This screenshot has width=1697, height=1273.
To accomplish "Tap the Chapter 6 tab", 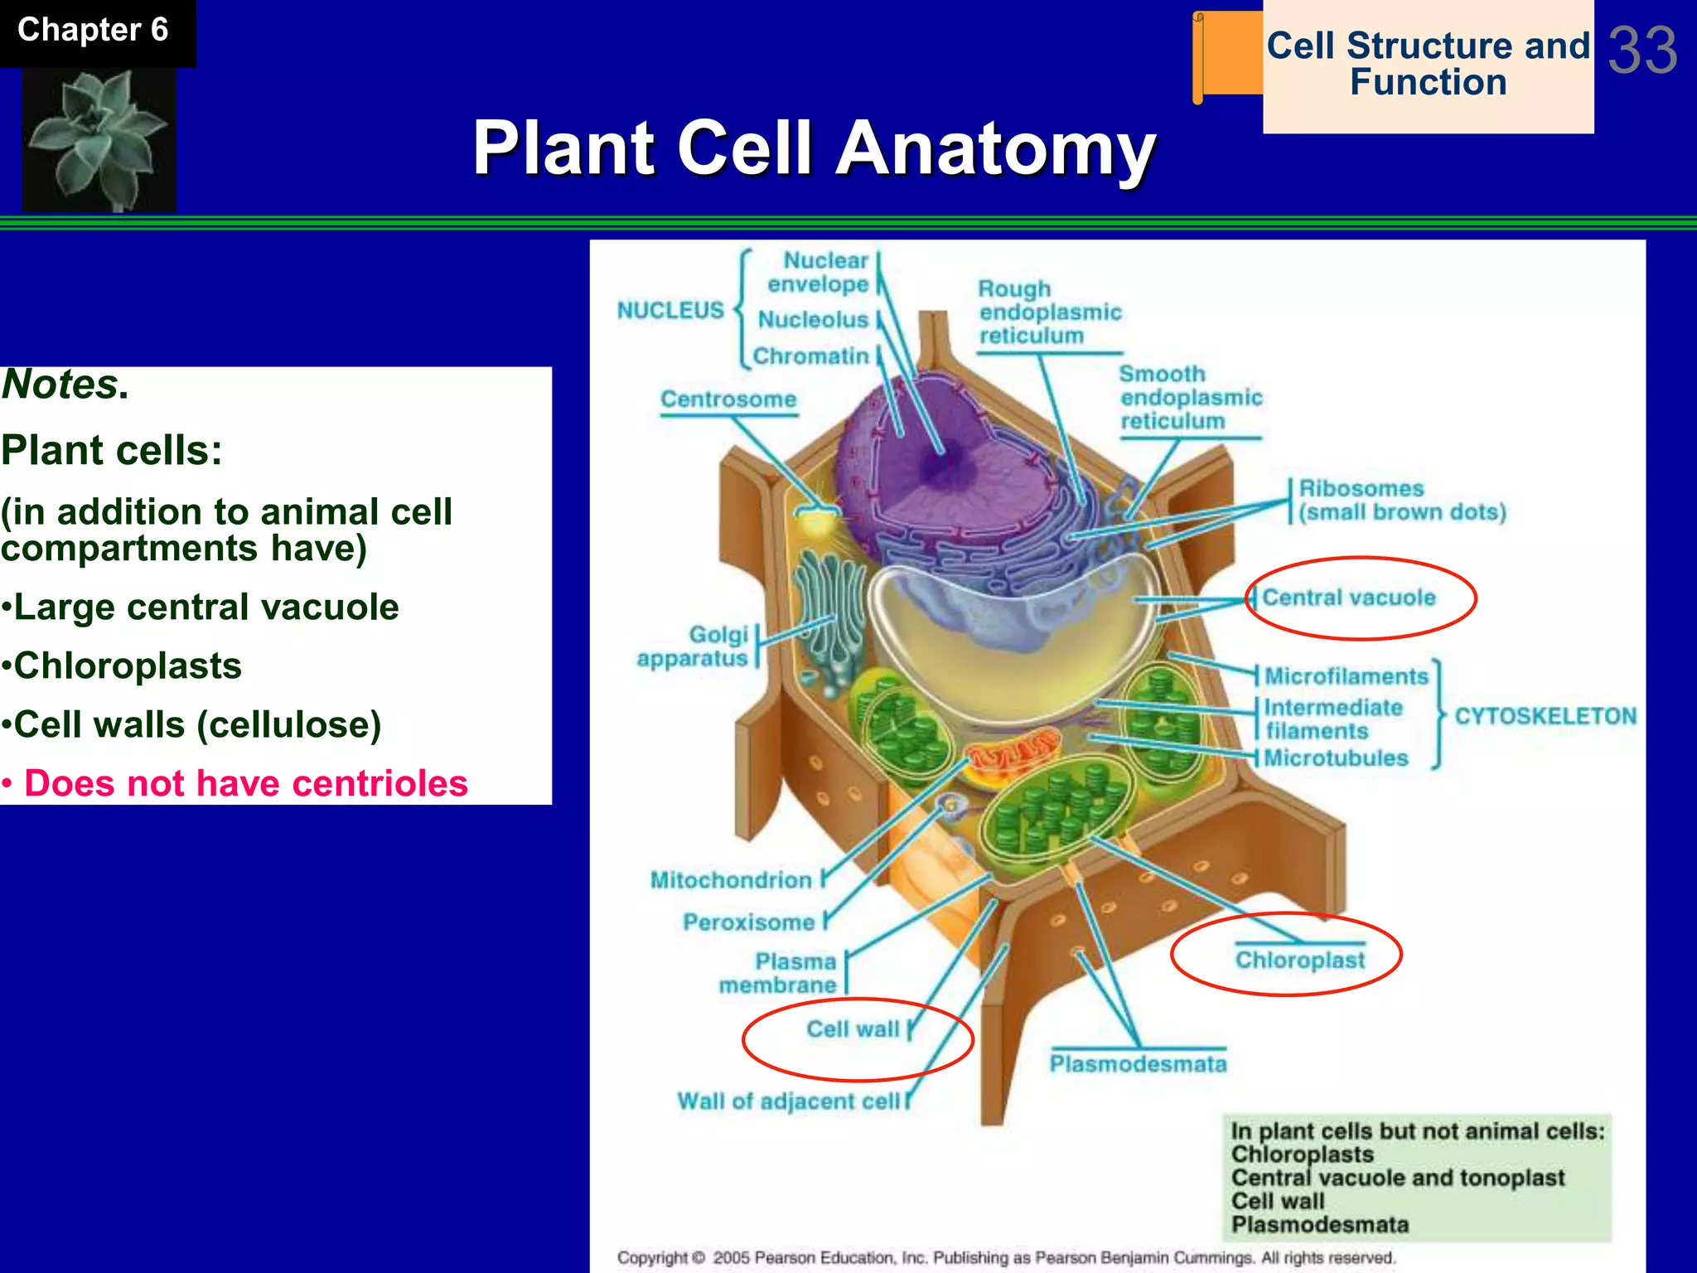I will pyautogui.click(x=93, y=31).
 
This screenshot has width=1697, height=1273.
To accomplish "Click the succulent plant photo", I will pyautogui.click(x=98, y=139).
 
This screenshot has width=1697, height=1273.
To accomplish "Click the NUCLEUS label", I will pyautogui.click(x=670, y=311).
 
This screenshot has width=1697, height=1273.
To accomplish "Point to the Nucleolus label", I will pyautogui.click(x=813, y=320).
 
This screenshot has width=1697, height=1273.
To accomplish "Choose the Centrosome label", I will pyautogui.click(x=728, y=399).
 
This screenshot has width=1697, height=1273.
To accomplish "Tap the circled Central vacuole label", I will pyautogui.click(x=1348, y=598).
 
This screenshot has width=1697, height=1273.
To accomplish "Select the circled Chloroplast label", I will pyautogui.click(x=1299, y=960).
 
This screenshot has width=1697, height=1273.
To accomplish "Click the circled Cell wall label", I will pyautogui.click(x=853, y=1029).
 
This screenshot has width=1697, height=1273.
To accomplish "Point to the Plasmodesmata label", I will pyautogui.click(x=1138, y=1064).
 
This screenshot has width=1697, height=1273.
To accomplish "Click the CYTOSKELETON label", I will pyautogui.click(x=1545, y=716).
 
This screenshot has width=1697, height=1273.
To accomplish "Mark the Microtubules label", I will pyautogui.click(x=1335, y=758).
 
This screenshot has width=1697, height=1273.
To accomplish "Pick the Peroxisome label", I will pyautogui.click(x=748, y=922).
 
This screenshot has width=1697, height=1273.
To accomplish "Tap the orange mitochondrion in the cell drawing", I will pyautogui.click(x=1013, y=754).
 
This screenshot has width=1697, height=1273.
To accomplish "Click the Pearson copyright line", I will pyautogui.click(x=1005, y=1257).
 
